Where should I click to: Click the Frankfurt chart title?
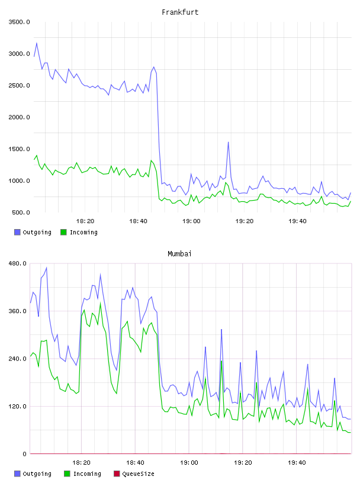(x=180, y=12)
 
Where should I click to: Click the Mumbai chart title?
(x=179, y=254)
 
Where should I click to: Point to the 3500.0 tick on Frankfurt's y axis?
(x=19, y=22)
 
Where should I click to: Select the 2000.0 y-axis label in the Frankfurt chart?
(x=19, y=117)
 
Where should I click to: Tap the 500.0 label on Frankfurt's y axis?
(x=21, y=212)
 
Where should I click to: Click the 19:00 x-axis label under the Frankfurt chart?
(x=191, y=221)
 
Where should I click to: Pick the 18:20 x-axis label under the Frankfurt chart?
(x=85, y=221)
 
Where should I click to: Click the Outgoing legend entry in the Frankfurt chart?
(x=33, y=232)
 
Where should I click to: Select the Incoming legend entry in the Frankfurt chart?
(x=79, y=232)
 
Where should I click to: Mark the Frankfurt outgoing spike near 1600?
(x=229, y=142)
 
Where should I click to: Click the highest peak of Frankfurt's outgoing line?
(x=37, y=43)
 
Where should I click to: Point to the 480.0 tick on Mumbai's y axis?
(x=18, y=263)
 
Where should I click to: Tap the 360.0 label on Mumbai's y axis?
(x=18, y=311)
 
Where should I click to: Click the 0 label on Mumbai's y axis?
(x=24, y=454)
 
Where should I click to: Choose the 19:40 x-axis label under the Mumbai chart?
(x=297, y=463)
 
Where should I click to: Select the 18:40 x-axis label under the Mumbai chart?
(x=136, y=463)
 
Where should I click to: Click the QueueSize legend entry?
(x=134, y=474)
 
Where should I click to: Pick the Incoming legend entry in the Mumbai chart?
(x=83, y=474)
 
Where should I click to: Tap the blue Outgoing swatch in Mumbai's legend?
(x=17, y=474)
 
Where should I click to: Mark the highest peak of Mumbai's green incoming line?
(x=100, y=303)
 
